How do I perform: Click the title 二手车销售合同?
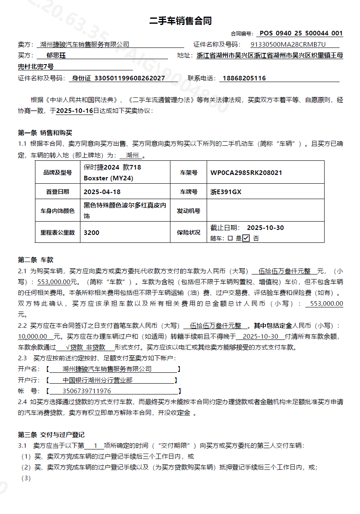(180, 21)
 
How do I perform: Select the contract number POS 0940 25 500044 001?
(301, 33)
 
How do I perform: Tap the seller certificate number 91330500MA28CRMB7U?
(288, 45)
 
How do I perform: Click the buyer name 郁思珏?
(56, 55)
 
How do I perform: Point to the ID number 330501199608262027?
(130, 78)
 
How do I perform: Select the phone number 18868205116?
(244, 78)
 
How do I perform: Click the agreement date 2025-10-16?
(74, 111)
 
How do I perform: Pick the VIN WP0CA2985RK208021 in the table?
(246, 172)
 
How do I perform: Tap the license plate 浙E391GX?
(226, 192)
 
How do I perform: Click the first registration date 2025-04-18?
(102, 192)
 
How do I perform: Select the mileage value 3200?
(92, 232)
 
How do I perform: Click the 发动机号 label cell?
(188, 211)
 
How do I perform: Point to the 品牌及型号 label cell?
(57, 172)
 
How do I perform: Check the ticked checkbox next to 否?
(246, 238)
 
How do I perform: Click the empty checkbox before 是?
(230, 239)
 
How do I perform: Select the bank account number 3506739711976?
(87, 391)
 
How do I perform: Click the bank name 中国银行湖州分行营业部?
(97, 380)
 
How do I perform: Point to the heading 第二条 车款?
(36, 260)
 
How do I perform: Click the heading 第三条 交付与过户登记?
(51, 435)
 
